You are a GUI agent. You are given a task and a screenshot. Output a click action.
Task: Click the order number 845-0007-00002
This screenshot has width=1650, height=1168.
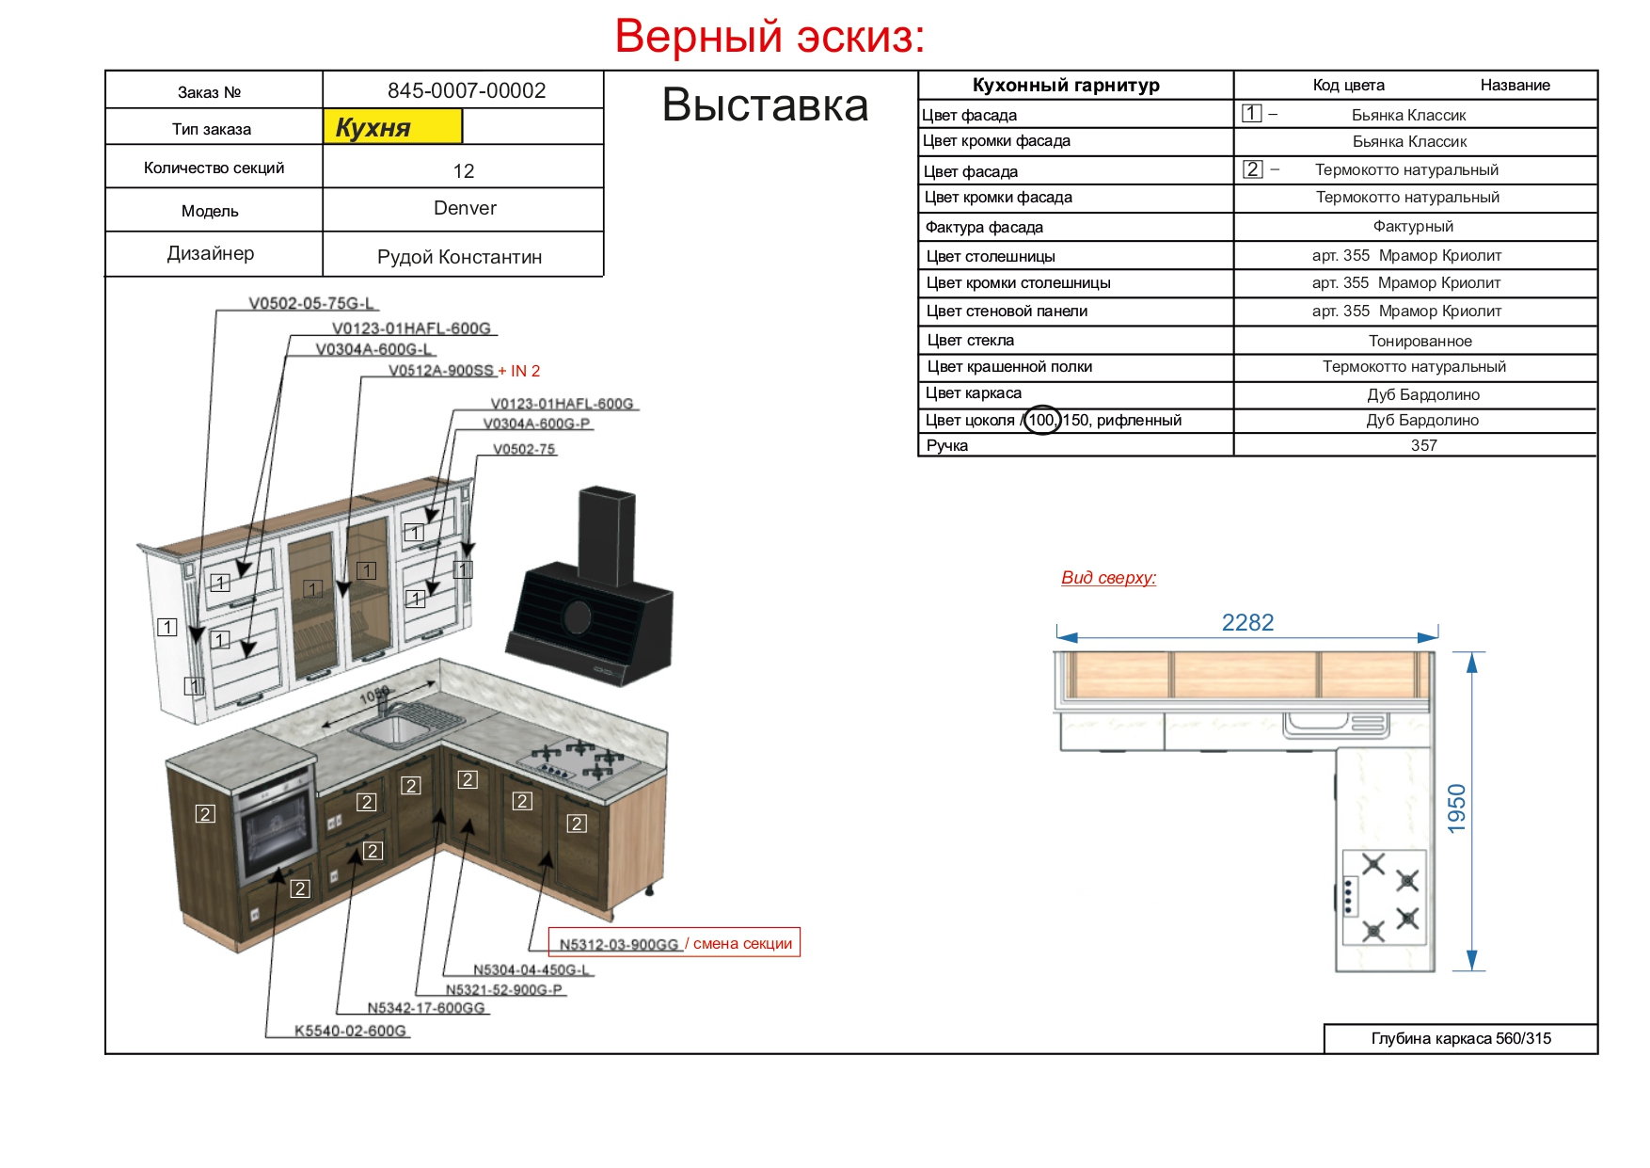[x=467, y=90]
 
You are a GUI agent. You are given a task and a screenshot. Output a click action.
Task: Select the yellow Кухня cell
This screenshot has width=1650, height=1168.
[x=392, y=127]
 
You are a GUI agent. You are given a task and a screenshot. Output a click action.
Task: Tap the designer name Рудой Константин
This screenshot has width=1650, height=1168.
[x=459, y=257]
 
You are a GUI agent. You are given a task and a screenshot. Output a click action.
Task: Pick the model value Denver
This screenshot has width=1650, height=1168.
[x=465, y=208]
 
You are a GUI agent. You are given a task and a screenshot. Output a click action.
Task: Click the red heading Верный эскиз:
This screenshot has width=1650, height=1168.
[x=769, y=38]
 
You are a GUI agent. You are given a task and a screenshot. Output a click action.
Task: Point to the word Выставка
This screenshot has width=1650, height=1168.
[x=765, y=104]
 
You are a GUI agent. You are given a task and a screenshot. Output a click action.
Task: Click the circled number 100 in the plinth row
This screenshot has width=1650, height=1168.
[x=1041, y=420]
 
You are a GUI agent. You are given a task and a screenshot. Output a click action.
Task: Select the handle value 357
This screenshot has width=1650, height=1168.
[x=1423, y=445]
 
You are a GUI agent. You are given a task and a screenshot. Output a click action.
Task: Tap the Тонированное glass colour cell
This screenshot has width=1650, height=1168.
[x=1420, y=341]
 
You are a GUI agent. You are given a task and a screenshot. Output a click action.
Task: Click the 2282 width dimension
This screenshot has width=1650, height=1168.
[x=1247, y=622]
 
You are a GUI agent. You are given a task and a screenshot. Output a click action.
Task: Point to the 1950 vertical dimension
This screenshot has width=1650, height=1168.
[x=1456, y=808]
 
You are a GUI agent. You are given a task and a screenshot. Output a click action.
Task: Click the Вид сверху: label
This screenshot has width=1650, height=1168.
[x=1108, y=578]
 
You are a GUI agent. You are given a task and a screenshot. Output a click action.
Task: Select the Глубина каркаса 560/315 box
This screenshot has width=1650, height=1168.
[x=1461, y=1039]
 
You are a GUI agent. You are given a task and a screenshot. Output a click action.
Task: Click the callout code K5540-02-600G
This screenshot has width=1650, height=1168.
[x=350, y=1031]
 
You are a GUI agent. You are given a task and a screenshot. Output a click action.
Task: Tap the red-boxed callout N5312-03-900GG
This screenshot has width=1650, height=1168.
[x=619, y=944]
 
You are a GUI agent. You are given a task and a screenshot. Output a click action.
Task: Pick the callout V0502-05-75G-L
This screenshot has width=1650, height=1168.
[x=311, y=303]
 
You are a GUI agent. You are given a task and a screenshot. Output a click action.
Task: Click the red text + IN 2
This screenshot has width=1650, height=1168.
[x=519, y=371]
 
